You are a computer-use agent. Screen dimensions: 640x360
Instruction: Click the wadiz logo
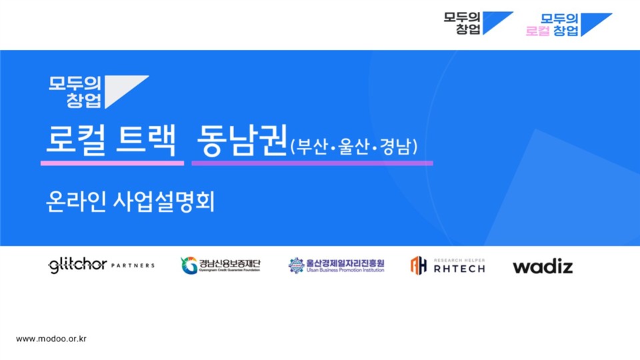543,266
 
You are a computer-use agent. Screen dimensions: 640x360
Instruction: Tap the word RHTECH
459,269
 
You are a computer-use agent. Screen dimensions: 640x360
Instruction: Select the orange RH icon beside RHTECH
419,265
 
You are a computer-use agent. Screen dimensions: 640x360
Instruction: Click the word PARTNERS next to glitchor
133,265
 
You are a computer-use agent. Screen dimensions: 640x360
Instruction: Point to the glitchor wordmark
77,265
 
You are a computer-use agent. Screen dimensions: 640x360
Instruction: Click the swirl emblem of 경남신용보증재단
189,265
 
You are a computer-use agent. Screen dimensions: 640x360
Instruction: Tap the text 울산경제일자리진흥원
345,263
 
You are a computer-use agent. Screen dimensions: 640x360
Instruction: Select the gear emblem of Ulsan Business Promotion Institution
296,265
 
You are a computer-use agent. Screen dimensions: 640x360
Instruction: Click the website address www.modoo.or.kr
51,339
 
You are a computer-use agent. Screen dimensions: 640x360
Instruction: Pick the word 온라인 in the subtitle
76,201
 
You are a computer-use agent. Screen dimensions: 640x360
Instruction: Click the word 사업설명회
163,201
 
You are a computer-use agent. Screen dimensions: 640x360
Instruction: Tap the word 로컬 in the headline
76,140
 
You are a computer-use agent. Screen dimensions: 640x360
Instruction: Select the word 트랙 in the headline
146,140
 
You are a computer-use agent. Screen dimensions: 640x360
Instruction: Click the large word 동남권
241,140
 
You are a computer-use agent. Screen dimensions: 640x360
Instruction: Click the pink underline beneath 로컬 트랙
112,163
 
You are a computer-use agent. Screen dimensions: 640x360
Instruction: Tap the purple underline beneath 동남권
312,163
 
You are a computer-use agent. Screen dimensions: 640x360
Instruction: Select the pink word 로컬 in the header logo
537,31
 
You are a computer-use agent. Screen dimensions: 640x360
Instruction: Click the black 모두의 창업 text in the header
461,23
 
